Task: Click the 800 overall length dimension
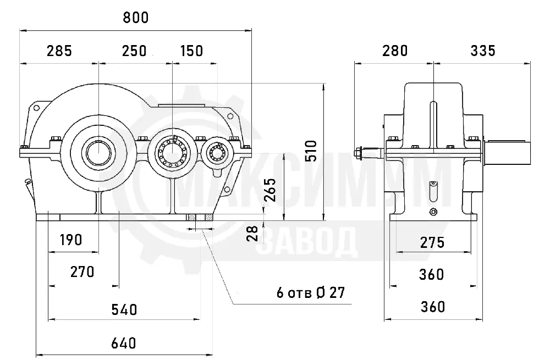coord(136,18)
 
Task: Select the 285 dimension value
coord(59,51)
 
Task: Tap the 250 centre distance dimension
coord(134,51)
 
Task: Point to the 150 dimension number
coord(191,51)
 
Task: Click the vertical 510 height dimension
coord(311,151)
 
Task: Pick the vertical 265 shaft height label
coord(270,190)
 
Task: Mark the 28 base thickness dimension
coord(252,233)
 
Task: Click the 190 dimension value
coord(71,240)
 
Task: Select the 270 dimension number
coord(82,272)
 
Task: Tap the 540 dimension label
coord(124,310)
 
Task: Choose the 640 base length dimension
coord(123,343)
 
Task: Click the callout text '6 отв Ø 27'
coord(311,293)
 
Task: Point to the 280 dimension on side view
coord(395,51)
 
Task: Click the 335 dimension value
coord(483,51)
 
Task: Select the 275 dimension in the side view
coord(432,242)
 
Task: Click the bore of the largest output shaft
coord(98,152)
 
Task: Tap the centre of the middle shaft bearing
coord(172,153)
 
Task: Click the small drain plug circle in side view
coord(433,212)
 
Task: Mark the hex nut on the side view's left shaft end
coord(358,153)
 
